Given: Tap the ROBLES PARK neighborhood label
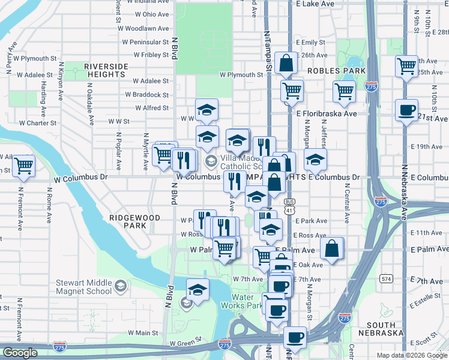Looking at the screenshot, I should pos(328,71).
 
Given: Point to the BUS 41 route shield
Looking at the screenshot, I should pos(290,206).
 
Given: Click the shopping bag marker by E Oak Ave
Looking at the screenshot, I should pos(332,247).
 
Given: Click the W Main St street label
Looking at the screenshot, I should pos(142,333).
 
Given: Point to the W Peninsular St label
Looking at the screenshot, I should pos(143,42).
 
